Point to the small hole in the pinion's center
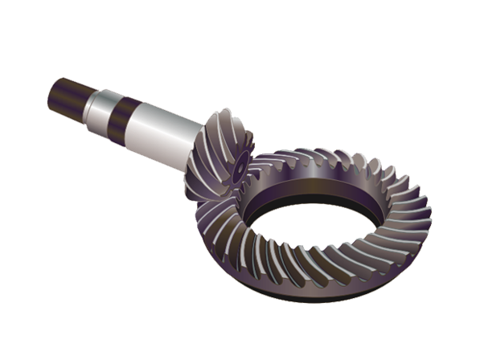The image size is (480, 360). coord(240,170)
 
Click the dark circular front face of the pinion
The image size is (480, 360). coord(238,165)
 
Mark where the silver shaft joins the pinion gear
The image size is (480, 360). coord(198,145)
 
